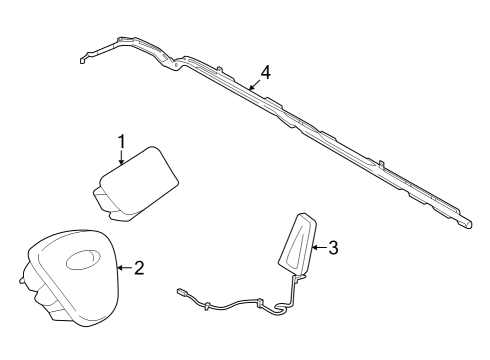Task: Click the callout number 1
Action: [121, 141]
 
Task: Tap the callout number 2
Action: [139, 268]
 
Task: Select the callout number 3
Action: [333, 247]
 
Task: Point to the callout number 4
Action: [264, 72]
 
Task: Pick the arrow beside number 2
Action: [123, 268]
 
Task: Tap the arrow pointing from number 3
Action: [317, 247]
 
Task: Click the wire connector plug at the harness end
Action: [183, 292]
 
